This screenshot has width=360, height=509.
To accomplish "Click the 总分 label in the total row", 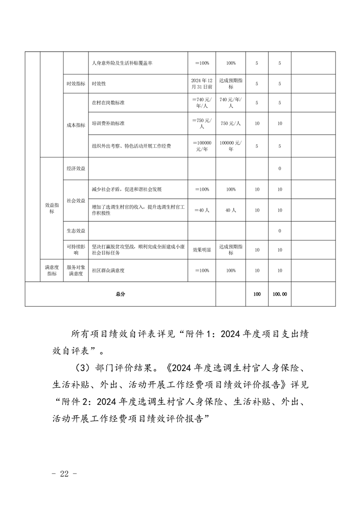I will click(x=120, y=294).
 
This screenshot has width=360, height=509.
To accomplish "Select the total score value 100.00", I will click(x=280, y=294).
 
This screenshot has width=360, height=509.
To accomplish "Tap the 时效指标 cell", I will click(x=75, y=84).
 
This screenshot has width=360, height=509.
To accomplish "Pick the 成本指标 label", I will click(x=75, y=126).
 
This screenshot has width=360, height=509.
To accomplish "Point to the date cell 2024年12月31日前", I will click(x=202, y=84).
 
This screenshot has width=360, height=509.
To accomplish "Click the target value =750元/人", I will click(x=202, y=123).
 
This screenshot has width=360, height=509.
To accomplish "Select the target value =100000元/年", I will click(x=202, y=146).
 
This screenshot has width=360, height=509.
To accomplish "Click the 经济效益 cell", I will click(x=75, y=169).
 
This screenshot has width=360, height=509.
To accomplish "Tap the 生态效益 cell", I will click(x=75, y=231).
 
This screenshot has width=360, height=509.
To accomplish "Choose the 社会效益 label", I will click(x=75, y=200).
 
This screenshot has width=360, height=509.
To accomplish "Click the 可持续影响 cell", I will click(x=75, y=250).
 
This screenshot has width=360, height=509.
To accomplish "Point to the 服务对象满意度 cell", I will click(x=75, y=270).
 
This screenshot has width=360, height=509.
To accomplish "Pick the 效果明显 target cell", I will click(x=202, y=250).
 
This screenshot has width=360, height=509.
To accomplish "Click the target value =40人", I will click(x=202, y=210).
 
